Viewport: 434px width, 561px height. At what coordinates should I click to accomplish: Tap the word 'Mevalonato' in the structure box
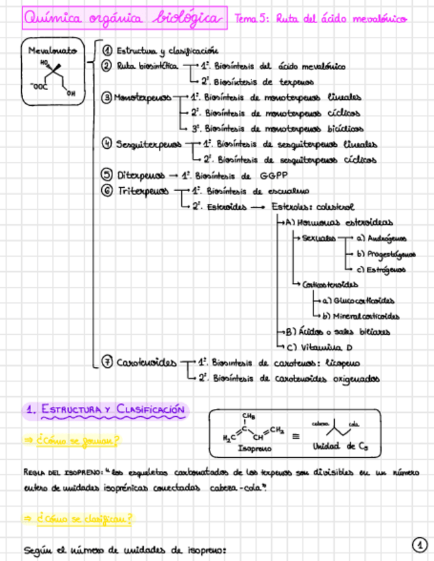pos(53,51)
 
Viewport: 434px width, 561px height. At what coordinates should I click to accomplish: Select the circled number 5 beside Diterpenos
pos(107,175)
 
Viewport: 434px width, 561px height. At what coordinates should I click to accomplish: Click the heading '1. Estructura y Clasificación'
pos(105,410)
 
